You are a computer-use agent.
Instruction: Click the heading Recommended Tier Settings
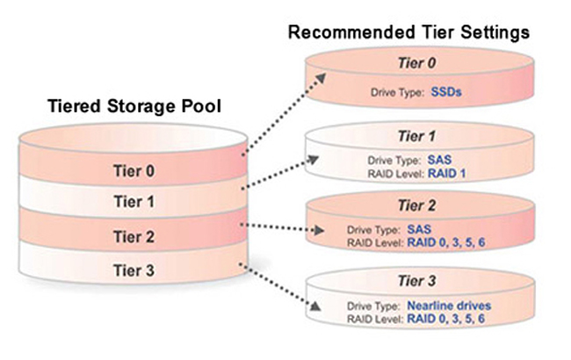coord(408,32)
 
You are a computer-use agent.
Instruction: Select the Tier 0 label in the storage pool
coord(135,169)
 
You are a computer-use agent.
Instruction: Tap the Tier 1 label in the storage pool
coord(135,202)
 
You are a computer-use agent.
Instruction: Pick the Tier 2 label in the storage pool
coord(135,235)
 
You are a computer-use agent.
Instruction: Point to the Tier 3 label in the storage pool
coord(135,270)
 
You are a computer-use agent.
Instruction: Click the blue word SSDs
coord(447,90)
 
